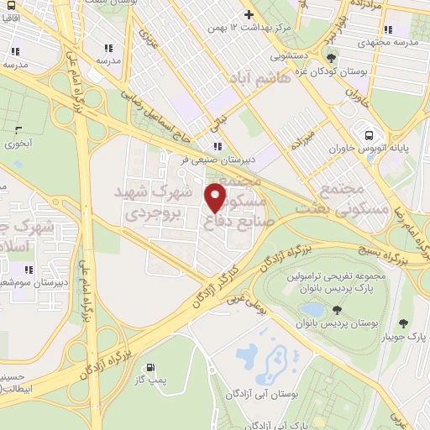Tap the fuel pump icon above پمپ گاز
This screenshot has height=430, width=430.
pyautogui.click(x=149, y=367)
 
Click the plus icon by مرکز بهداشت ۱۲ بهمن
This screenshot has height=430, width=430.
pyautogui.click(x=249, y=15)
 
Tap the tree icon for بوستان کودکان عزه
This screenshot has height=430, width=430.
pyautogui.click(x=333, y=58)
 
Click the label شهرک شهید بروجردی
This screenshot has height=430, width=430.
pyautogui.click(x=154, y=203)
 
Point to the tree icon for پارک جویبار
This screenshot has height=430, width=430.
pyautogui.click(x=403, y=323)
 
